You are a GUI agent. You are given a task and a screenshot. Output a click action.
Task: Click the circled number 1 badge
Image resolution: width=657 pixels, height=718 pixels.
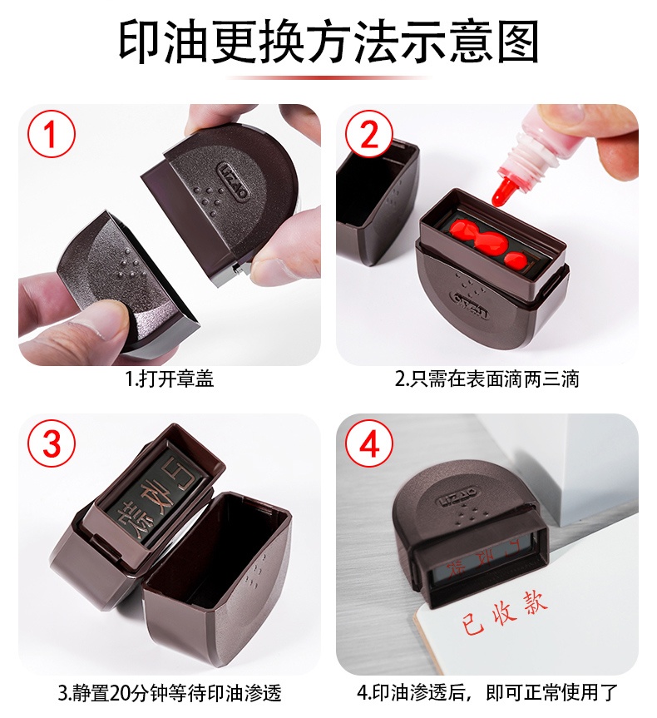click(x=52, y=134)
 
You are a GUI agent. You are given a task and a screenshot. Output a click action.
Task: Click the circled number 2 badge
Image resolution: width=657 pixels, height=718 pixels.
click(x=369, y=134)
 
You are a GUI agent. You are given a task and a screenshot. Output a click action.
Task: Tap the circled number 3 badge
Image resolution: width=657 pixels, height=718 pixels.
click(x=52, y=443)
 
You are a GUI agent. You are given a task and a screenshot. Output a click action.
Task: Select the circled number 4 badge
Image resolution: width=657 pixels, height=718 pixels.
click(x=369, y=443)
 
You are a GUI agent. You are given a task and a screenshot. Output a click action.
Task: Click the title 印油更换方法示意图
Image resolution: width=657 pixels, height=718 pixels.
click(x=328, y=41)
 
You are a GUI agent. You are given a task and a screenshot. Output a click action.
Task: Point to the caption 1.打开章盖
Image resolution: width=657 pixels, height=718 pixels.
click(x=170, y=379)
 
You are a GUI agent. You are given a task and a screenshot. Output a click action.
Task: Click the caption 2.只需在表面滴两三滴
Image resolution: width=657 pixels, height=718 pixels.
click(x=487, y=379)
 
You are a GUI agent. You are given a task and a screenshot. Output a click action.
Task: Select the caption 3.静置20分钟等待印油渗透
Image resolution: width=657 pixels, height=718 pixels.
click(x=170, y=693)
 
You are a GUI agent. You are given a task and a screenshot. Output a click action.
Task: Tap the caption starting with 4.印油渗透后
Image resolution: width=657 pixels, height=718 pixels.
click(x=487, y=693)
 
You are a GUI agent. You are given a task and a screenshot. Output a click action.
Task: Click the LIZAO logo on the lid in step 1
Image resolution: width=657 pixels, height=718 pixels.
click(x=234, y=181)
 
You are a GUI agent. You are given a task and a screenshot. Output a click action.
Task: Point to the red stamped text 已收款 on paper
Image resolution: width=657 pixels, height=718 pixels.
click(x=504, y=612)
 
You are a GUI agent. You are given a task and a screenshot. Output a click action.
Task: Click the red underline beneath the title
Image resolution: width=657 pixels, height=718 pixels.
click(x=328, y=77)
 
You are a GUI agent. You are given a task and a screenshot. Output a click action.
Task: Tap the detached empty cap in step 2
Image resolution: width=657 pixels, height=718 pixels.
click(x=377, y=201)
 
